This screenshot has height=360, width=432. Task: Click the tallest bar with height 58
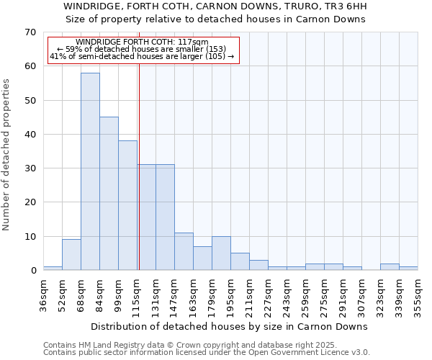(x=90, y=171)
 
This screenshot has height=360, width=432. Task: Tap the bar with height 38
(x=127, y=205)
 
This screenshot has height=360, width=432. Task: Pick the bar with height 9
(x=71, y=254)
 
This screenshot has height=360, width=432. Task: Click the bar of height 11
(x=184, y=251)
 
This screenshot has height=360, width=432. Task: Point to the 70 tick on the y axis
(x=30, y=32)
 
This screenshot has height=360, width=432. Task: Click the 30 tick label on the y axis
(x=30, y=168)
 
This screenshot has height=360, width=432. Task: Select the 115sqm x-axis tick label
(x=137, y=294)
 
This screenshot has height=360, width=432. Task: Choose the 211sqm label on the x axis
(x=249, y=294)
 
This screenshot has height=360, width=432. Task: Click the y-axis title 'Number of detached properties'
(x=6, y=154)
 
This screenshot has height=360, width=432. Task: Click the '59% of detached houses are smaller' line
(x=142, y=49)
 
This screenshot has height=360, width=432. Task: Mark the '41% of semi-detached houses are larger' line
(x=142, y=56)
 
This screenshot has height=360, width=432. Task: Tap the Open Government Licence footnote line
(x=207, y=352)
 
